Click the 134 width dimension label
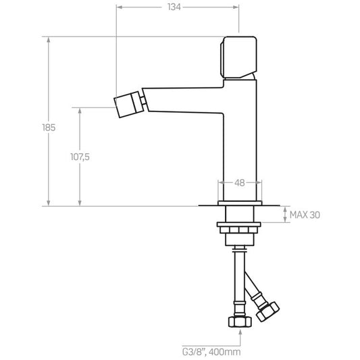tap(174, 7)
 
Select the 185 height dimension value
tap(49, 128)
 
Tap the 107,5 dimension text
tap(80, 157)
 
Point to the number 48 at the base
tap(240, 183)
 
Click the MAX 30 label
tap(305, 215)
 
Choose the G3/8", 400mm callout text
tap(211, 352)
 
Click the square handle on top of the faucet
tap(238, 57)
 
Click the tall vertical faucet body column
tap(240, 140)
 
